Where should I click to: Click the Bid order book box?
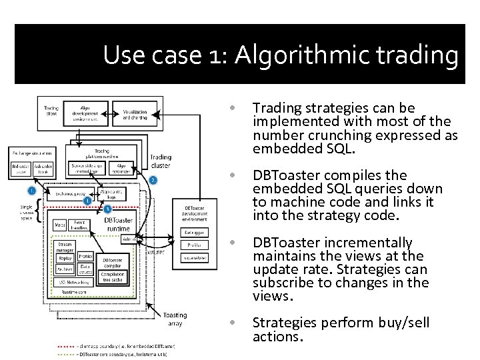(21, 169)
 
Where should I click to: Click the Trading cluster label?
(160, 162)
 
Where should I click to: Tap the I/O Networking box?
(71, 282)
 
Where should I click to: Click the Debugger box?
(194, 233)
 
